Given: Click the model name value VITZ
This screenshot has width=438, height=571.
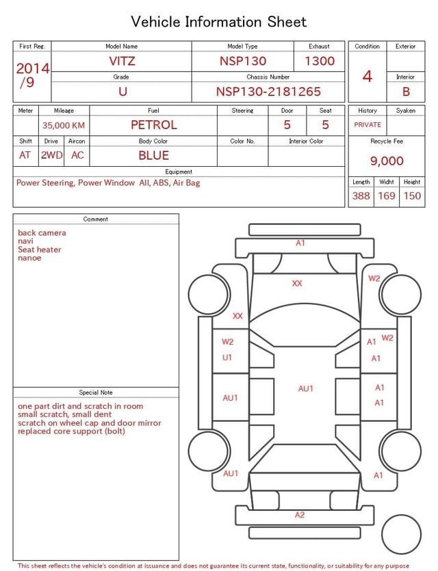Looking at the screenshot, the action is pos(122,61).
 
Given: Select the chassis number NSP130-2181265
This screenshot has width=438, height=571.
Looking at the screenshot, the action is pos(268,92).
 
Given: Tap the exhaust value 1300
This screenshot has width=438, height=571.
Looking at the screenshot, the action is pos(320,61).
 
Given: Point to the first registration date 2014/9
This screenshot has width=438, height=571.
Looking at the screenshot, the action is pos(32,75).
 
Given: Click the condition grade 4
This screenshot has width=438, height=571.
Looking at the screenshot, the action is pos(368,76).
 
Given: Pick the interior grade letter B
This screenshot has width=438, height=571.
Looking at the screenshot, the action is pos(406,92).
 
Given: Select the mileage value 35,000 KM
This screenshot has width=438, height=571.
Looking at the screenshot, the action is pos(64,125).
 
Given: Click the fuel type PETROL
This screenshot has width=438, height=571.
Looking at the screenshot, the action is pos(154,125).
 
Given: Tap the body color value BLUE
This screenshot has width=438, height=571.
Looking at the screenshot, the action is pos(154,155).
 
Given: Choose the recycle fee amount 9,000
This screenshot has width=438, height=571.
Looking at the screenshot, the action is pos(387,161).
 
